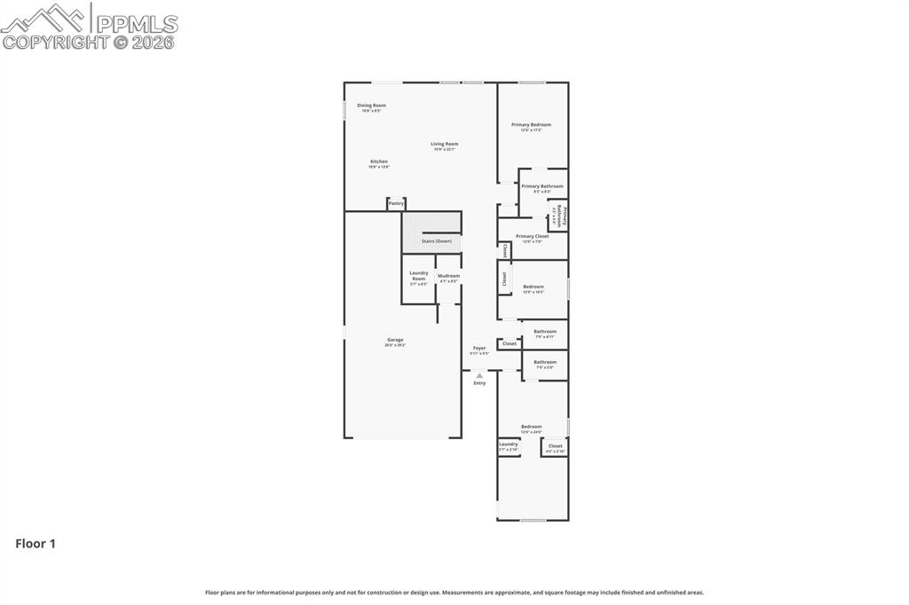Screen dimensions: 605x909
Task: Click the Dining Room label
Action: tap(371, 106)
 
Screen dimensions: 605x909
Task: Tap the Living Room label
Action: tap(444, 144)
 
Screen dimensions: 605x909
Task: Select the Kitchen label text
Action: tap(379, 161)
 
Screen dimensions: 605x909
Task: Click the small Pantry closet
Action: tap(396, 204)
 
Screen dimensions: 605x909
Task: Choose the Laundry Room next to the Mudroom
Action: tap(418, 277)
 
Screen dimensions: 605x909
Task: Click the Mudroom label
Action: tap(448, 276)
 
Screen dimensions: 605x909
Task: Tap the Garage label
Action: tap(395, 340)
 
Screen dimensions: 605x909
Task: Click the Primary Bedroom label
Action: tap(531, 125)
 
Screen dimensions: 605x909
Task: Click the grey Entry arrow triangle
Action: tap(479, 375)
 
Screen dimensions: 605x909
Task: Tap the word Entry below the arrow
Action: tap(479, 383)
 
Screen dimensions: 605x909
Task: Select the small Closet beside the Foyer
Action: tap(509, 343)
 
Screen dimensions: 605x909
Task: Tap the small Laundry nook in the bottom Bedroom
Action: tap(508, 445)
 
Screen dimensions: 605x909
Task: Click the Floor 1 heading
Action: tap(36, 544)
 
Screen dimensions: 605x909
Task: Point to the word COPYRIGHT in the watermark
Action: tap(55, 42)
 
